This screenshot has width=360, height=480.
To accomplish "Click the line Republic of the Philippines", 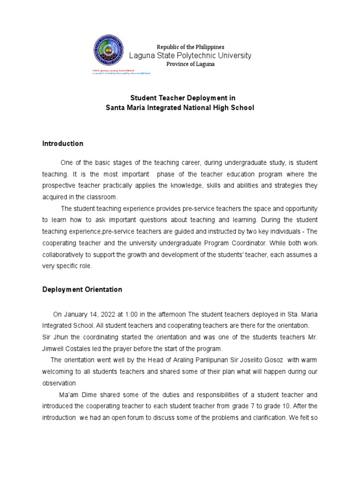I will [190, 47].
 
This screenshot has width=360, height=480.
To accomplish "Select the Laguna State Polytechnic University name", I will [190, 56].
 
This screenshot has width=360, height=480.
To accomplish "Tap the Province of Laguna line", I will [190, 64].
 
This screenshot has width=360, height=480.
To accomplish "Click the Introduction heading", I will [63, 143].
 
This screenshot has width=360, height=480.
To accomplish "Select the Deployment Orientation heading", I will [82, 290].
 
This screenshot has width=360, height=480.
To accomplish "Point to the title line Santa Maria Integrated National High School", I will [180, 108].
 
